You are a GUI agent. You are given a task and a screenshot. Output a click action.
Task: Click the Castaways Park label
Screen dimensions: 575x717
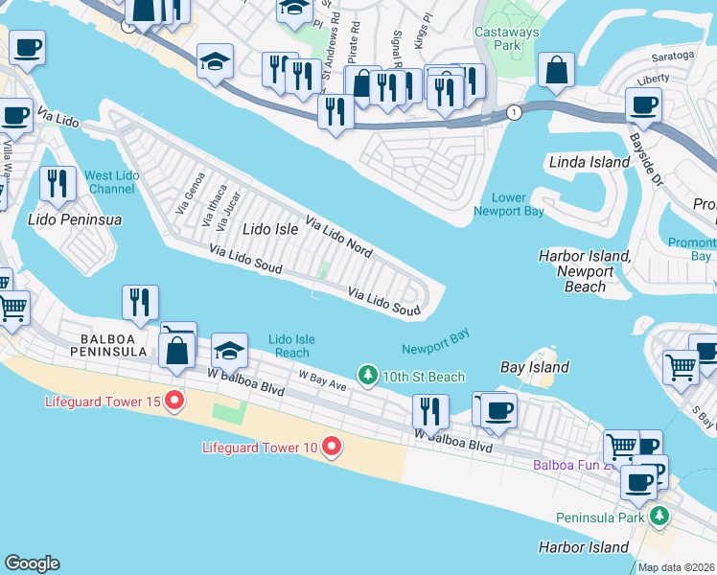point(508,39)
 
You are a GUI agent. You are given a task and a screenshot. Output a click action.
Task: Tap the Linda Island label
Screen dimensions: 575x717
point(589,162)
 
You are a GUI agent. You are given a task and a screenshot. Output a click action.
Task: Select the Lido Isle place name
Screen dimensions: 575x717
point(270,229)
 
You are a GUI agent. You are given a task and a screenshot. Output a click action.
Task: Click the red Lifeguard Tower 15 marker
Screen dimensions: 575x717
point(174,401)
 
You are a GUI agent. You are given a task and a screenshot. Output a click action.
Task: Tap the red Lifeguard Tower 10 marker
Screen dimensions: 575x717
point(332,447)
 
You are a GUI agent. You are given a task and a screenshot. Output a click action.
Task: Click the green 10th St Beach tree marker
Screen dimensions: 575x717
point(366,376)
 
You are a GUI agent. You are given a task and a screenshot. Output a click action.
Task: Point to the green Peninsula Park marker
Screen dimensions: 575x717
point(658,517)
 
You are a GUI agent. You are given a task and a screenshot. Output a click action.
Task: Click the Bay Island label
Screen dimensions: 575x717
point(535,367)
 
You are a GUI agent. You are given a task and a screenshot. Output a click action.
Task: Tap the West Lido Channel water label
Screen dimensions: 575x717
point(111,182)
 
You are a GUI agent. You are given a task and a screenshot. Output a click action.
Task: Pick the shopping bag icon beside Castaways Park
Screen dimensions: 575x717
point(556,70)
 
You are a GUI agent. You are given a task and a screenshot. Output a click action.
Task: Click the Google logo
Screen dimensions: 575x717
point(32,563)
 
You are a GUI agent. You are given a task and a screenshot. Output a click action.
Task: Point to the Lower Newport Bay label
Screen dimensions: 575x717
point(508,204)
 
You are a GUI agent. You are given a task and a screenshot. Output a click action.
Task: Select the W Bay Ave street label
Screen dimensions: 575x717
point(322,380)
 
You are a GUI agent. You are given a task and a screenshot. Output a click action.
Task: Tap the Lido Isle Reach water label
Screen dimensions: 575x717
point(290,346)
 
